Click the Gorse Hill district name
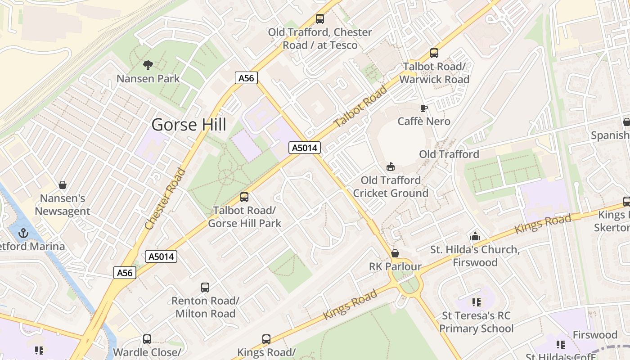(x=189, y=124)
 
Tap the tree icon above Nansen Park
(x=148, y=65)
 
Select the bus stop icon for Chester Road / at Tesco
(x=319, y=19)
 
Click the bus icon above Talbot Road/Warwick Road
(x=434, y=53)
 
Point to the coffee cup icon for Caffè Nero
(x=423, y=108)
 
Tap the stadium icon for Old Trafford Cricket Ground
(x=391, y=167)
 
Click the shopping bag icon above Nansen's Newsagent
(x=63, y=185)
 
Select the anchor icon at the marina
(x=23, y=233)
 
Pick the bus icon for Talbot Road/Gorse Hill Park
(x=244, y=197)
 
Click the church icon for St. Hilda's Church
(x=475, y=236)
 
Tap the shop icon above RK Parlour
(x=395, y=253)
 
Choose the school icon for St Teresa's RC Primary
(x=476, y=302)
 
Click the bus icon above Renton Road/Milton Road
(x=205, y=287)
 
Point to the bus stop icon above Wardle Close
(x=147, y=339)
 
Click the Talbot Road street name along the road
(x=360, y=107)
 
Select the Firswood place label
(x=595, y=335)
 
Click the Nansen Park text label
(x=148, y=79)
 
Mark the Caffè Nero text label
(x=424, y=121)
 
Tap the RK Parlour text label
(x=395, y=266)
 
